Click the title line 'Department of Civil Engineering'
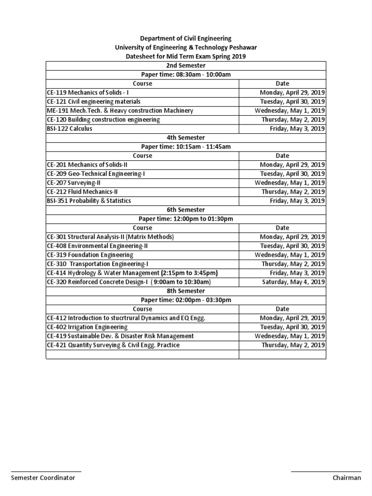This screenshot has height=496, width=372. pos(186,38)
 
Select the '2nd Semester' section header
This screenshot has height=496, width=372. pos(186,65)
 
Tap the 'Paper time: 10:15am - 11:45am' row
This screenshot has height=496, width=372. pos(186,147)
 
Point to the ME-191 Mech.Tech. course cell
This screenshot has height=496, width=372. pos(120,110)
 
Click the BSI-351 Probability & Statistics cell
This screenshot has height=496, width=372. pos(89,201)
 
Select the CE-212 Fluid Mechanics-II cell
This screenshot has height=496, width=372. pos(82,192)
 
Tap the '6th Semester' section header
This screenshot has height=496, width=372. pos(186,210)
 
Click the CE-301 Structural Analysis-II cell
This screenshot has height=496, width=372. pos(110,237)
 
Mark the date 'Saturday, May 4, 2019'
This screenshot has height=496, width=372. pos(294,282)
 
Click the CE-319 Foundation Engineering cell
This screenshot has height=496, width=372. pos(90,255)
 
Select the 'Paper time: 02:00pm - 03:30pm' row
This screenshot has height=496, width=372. pos(186,300)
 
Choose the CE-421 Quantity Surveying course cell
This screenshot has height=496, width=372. pos(113,345)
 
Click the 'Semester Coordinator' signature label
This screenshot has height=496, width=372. pos(43,478)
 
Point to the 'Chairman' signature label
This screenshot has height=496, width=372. pos(347,478)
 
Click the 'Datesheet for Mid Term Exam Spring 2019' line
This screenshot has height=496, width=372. pos(186,56)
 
